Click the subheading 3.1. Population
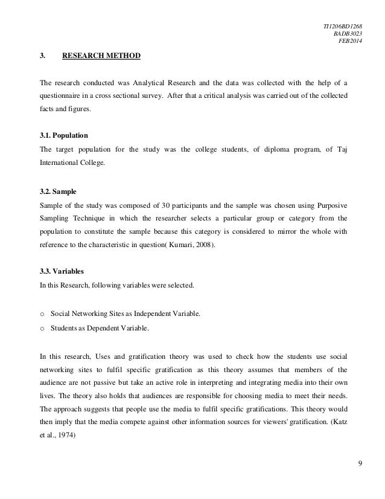tap(66, 137)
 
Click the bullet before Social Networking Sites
tap(42, 315)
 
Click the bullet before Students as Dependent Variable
tap(42, 329)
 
